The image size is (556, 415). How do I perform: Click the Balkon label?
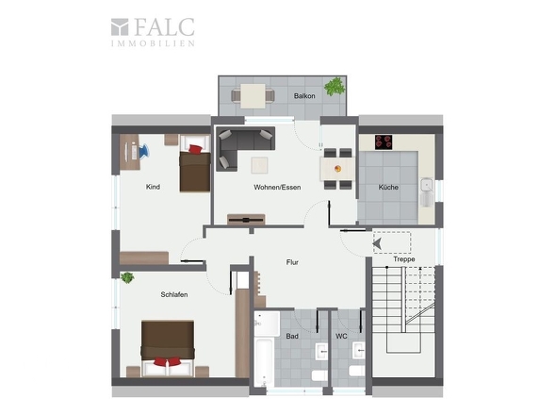304,96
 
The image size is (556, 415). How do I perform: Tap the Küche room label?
388,187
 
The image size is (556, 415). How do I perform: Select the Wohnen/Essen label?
277,187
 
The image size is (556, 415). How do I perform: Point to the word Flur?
292,262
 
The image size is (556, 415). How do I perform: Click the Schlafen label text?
174,294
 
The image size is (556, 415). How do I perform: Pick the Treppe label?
404,259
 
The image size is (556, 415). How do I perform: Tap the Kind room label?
153,187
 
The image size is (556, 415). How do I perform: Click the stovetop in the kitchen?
384,142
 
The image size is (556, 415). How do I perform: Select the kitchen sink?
427,192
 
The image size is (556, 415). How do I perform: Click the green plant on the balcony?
335,86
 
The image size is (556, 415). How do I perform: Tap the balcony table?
253,96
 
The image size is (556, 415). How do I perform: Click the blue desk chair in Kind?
144,151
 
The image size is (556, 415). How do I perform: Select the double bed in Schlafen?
168,348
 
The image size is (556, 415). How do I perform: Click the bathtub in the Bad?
264,362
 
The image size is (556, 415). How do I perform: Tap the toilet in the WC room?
357,371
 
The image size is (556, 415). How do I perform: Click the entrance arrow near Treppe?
377,243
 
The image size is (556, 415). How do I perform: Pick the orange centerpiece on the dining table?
338,169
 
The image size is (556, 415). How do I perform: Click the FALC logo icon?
120,27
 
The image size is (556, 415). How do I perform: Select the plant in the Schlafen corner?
127,277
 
